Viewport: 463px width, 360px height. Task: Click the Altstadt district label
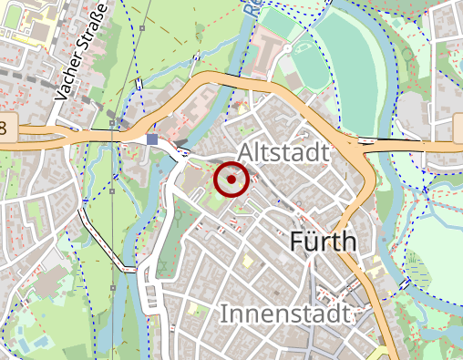point(283,153)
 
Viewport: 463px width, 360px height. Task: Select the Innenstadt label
point(285,315)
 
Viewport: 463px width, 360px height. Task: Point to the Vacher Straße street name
point(81,51)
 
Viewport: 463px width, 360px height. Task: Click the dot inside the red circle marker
point(231,180)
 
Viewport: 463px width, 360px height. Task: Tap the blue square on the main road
point(151,139)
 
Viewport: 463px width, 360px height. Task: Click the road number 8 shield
point(5,127)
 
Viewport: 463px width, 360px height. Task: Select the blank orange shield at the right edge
point(458,129)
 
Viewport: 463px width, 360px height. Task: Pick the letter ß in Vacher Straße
point(95,23)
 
